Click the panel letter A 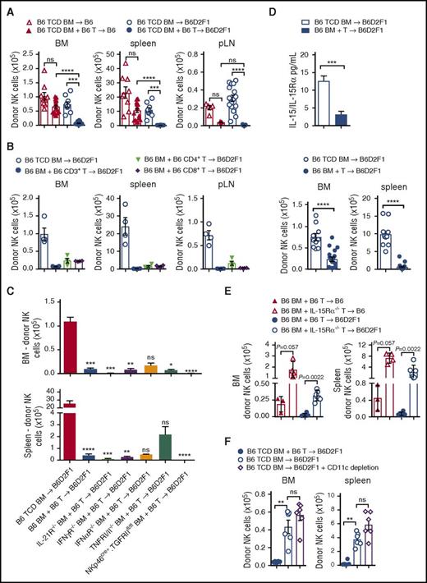[7, 7]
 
